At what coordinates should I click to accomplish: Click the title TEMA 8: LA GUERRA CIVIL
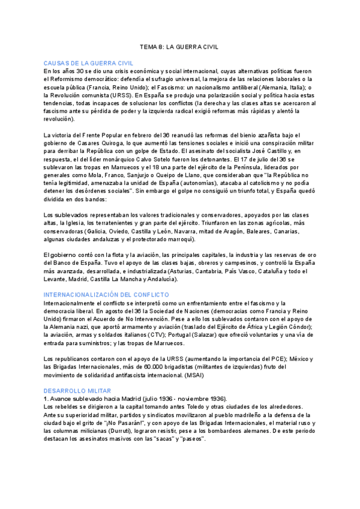point(179,46)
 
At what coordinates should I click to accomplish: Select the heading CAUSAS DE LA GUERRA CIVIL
point(88,63)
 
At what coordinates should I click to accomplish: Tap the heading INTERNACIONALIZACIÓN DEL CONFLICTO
point(106,295)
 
